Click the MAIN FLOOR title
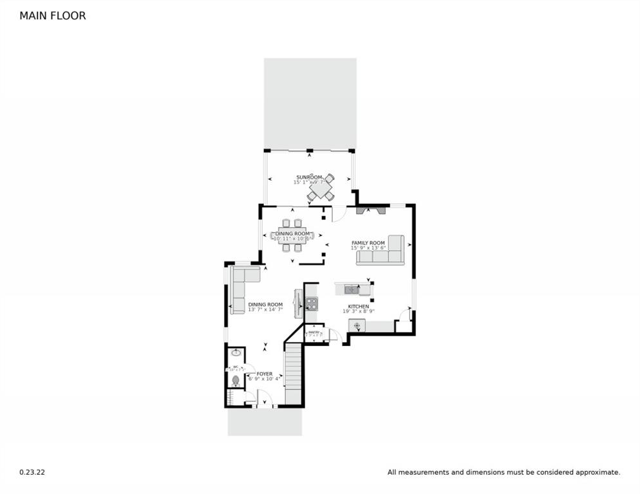52,15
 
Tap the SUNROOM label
308,177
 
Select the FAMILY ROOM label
368,242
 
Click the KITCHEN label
358,306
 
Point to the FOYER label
264,374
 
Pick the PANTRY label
314,332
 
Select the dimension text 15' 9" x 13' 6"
368,248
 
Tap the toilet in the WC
236,381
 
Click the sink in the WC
236,352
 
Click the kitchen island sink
351,289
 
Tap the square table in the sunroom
320,187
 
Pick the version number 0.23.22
32,472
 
